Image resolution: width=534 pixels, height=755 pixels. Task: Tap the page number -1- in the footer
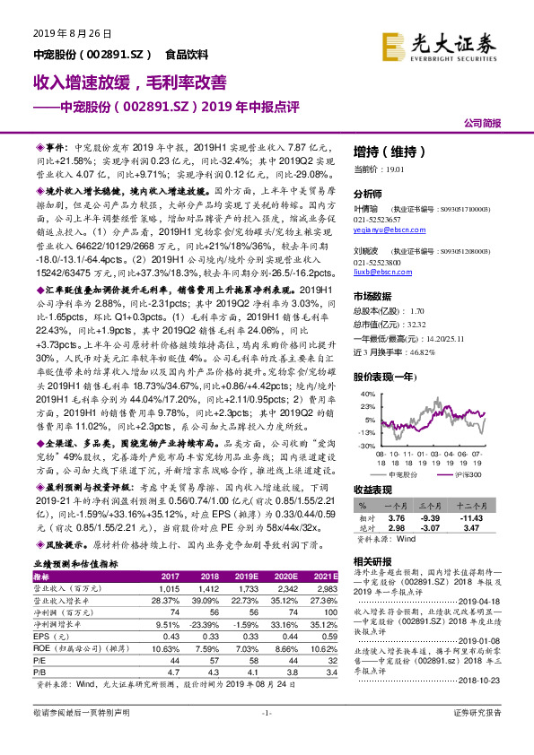click(266, 737)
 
